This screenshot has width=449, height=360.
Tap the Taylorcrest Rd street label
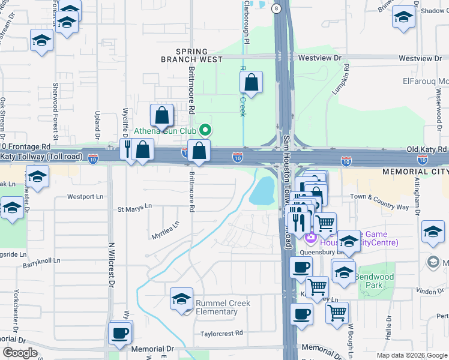tap(222, 332)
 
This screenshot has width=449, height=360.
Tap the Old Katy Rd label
tap(426, 149)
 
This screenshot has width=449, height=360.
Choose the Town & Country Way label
tap(379, 201)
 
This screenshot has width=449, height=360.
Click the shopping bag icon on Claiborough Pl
tap(252, 82)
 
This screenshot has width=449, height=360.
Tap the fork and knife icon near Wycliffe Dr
tap(128, 148)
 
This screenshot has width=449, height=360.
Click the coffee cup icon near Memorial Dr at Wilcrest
tap(120, 332)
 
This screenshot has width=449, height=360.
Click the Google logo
tap(20, 353)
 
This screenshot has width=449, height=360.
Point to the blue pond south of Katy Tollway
tap(262, 191)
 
